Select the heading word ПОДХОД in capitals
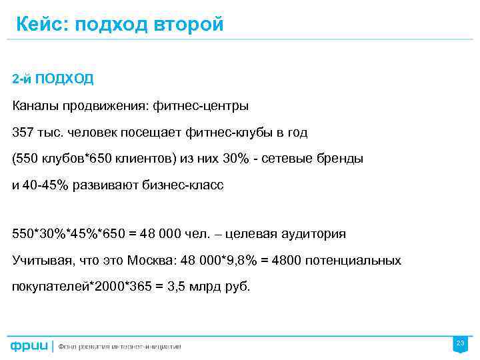pyautogui.click(x=64, y=79)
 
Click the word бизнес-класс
pyautogui.click(x=183, y=186)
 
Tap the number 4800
pyautogui.click(x=285, y=260)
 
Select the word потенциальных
pyautogui.click(x=353, y=260)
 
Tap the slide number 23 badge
pyautogui.click(x=459, y=344)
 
